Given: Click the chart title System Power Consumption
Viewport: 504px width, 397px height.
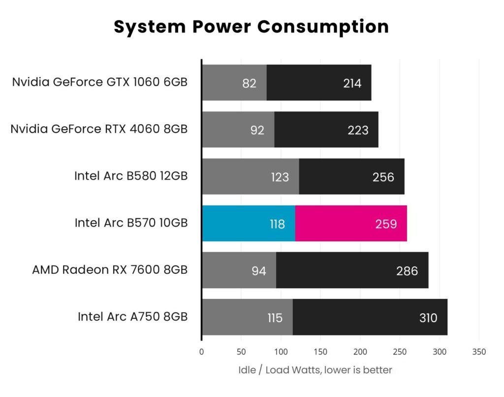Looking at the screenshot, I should pyautogui.click(x=252, y=26).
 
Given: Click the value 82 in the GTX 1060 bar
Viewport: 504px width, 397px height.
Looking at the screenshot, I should pyautogui.click(x=250, y=83).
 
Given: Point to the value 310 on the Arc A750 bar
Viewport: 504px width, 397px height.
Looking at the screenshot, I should pyautogui.click(x=428, y=318).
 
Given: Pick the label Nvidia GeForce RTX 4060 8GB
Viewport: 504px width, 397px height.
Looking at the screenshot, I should pyautogui.click(x=99, y=129).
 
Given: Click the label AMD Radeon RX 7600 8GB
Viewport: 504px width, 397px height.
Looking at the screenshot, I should pyautogui.click(x=110, y=270).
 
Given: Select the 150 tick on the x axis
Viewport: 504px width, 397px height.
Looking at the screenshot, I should pyautogui.click(x=320, y=352).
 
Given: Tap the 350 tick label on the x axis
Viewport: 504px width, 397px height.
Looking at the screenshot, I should pyautogui.click(x=478, y=352).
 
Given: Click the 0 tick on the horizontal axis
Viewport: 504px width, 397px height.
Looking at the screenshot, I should pyautogui.click(x=201, y=352).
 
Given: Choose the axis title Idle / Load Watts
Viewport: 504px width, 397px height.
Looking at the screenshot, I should pyautogui.click(x=315, y=370).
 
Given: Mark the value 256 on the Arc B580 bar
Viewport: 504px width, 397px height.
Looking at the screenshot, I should pyautogui.click(x=383, y=177).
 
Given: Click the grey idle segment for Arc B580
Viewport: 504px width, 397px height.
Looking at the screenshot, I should pyautogui.click(x=236, y=176).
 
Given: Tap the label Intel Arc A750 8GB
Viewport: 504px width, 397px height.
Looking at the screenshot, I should pyautogui.click(x=132, y=317).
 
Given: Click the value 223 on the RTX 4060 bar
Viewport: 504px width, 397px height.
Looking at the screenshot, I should pyautogui.click(x=358, y=130).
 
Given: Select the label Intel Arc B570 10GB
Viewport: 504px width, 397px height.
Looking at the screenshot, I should pyautogui.click(x=131, y=223).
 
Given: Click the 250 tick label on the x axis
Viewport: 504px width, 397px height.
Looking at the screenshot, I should pyautogui.click(x=400, y=352).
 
